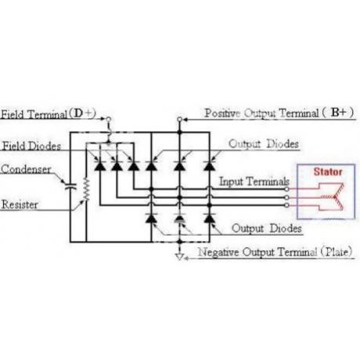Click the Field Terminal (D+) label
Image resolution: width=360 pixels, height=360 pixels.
[x=49, y=114]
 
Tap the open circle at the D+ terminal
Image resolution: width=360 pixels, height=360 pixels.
[x=109, y=119]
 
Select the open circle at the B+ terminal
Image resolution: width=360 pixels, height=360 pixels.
[x=179, y=119]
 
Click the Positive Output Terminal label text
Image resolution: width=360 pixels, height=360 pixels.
[x=261, y=113]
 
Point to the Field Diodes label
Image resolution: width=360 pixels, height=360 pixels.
[x=31, y=146]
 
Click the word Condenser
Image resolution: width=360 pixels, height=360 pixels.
[x=26, y=169]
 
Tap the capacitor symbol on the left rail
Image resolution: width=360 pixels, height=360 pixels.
[x=70, y=186]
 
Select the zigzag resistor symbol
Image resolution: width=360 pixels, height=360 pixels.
[x=86, y=189]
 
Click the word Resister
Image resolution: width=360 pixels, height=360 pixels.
[x=20, y=204]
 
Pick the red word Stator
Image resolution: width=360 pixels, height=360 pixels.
[x=328, y=171]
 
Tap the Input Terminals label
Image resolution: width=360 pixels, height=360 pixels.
[x=254, y=182]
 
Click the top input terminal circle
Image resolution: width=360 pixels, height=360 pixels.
[x=286, y=189]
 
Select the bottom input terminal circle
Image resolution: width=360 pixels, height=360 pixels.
[x=286, y=205]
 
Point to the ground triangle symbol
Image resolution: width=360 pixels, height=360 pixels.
[x=179, y=257]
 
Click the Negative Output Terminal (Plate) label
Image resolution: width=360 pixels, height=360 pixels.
[x=275, y=252]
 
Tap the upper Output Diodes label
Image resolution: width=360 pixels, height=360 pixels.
[x=264, y=144]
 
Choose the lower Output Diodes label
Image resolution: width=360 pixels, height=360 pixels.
[x=267, y=229]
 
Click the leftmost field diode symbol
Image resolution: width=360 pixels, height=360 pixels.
[x=100, y=166]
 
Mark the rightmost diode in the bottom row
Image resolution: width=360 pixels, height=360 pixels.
[x=210, y=218]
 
